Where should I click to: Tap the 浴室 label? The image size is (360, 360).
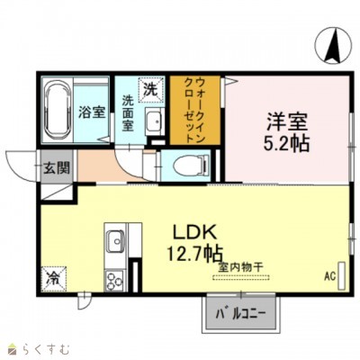tap(90, 113)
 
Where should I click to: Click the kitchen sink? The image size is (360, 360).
tap(115, 242)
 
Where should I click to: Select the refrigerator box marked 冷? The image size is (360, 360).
tap(55, 279)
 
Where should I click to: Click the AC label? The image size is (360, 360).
tap(328, 275)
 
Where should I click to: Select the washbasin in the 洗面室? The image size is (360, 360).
tap(152, 121)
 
